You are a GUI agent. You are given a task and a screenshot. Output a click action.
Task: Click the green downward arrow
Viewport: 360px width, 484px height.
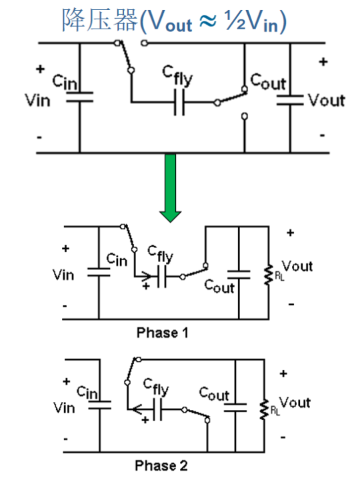pos(170,188)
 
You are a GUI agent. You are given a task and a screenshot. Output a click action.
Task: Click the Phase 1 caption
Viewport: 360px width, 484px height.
pos(163,333)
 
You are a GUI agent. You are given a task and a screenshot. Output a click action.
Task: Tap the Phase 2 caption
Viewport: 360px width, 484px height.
pos(161,465)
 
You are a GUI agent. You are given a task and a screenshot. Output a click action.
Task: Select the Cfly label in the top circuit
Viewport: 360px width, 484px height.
pos(177,75)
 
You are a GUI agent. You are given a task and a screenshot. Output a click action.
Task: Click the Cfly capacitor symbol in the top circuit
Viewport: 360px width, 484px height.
pos(179,102)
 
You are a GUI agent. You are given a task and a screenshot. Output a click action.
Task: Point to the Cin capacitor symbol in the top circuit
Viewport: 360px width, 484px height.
pos(79,97)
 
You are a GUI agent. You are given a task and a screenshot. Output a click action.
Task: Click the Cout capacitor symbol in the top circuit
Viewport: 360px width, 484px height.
pos(290,100)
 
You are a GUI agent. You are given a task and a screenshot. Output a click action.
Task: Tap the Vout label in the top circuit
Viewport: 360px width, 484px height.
pos(327,100)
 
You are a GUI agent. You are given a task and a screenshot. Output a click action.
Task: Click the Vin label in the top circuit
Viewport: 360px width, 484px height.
pos(37,100)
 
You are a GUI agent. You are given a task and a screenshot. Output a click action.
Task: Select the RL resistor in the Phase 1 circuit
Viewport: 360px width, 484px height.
pos(269,273)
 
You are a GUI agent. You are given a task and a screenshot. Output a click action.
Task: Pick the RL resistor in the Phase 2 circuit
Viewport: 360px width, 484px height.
pos(264,410)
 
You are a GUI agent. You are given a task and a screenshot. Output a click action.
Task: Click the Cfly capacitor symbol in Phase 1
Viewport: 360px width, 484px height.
pos(161,276)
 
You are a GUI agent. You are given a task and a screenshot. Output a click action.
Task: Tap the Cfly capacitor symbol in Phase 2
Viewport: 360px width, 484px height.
pos(157,409)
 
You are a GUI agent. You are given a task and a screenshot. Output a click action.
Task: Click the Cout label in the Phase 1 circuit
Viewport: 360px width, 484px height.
pos(219,286)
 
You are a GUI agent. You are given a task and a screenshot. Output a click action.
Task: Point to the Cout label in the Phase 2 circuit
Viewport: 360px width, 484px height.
pos(214,394)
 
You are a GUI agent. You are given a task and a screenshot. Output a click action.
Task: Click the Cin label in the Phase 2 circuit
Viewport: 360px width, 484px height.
pos(87,392)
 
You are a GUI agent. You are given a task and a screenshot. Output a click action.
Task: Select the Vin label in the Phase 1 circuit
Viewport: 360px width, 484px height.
pos(63,275)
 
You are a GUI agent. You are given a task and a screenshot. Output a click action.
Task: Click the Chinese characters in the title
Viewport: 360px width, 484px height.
pos(100,20)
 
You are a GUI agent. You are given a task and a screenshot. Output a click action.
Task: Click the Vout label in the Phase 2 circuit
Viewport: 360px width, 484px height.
pos(295,403)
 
